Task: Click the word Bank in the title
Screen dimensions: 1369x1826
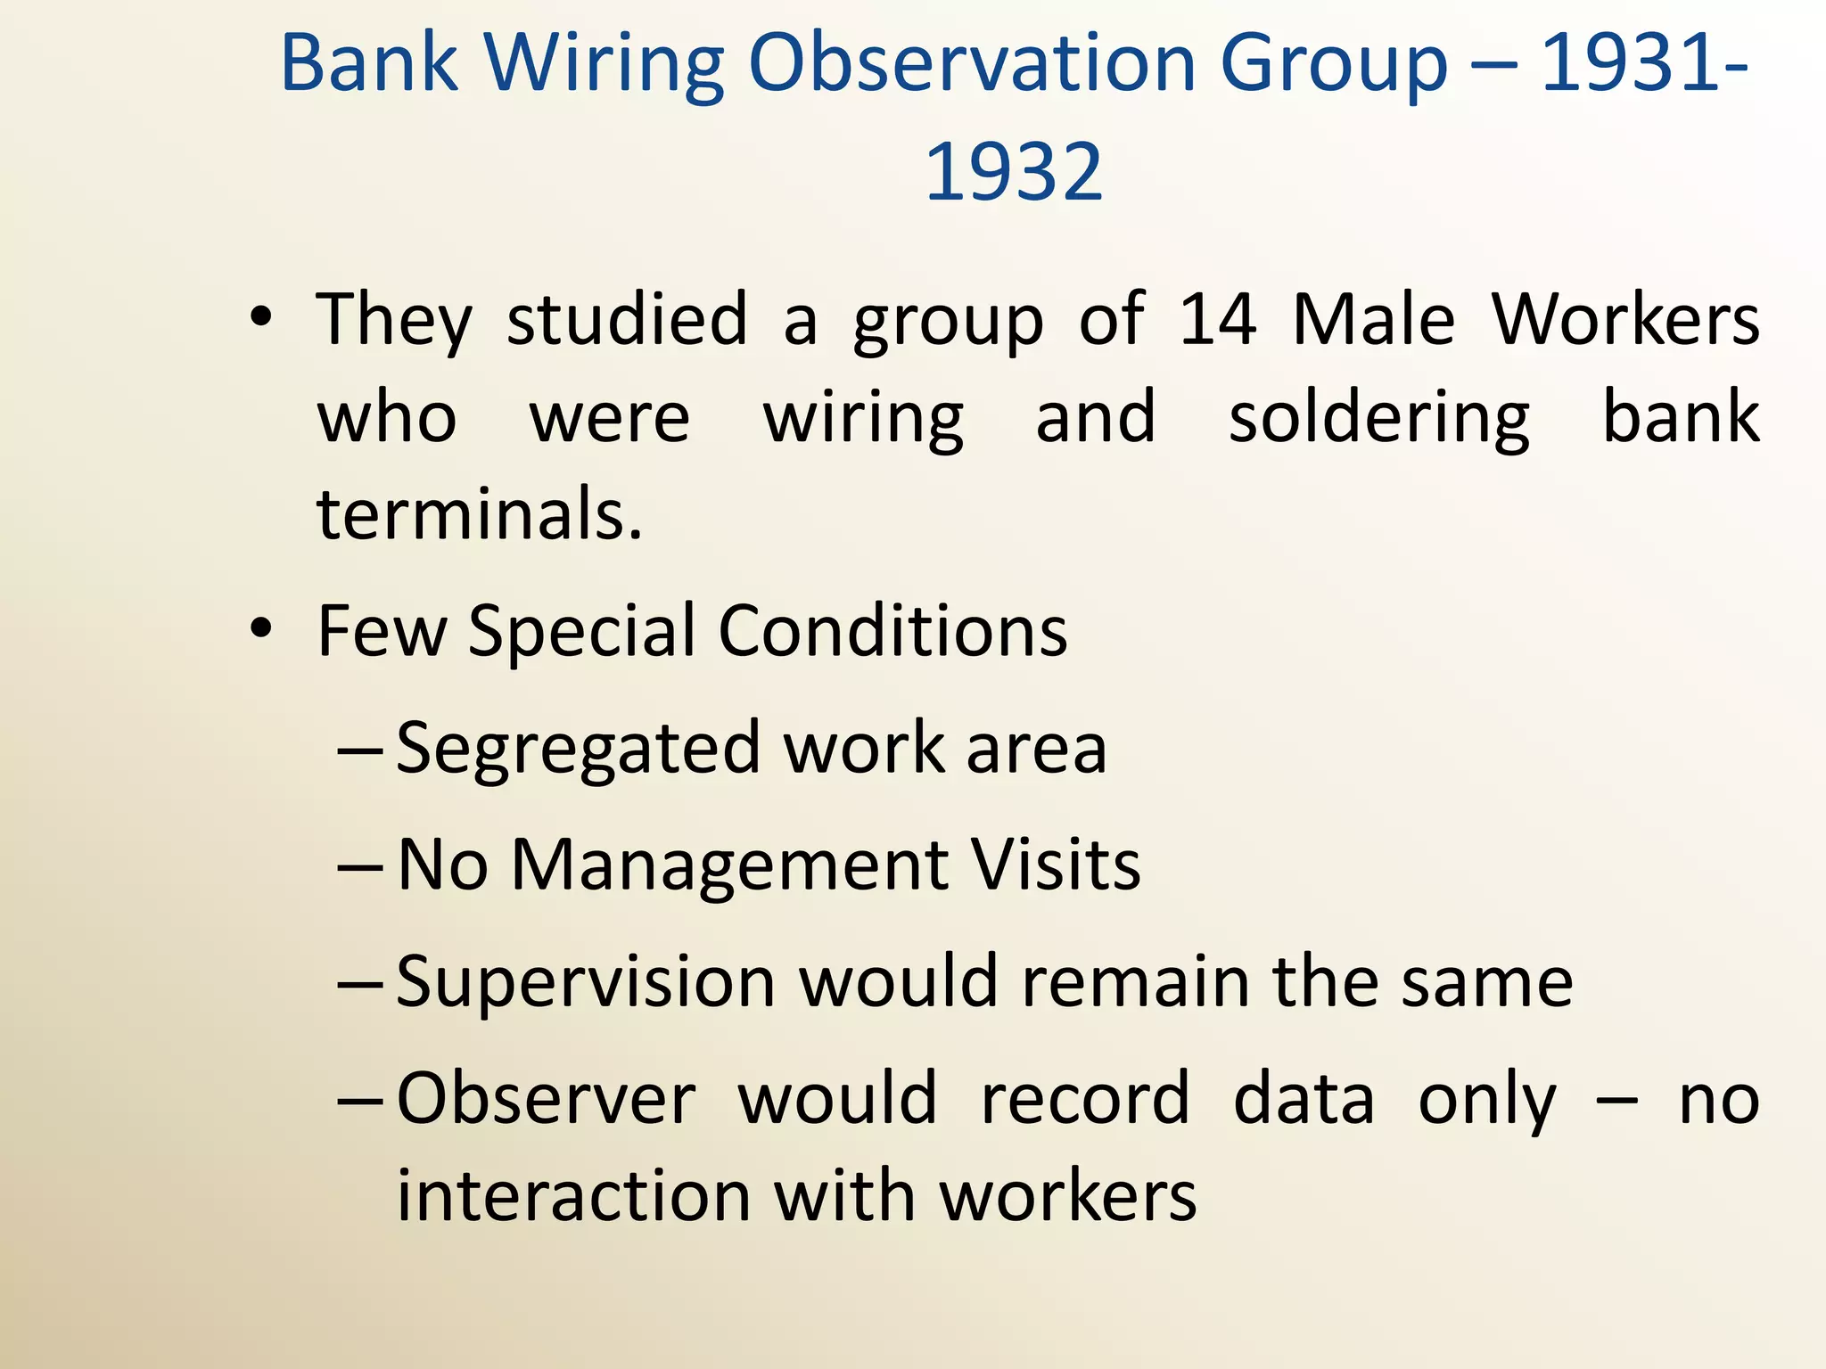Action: coord(369,64)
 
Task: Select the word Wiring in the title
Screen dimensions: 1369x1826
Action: coord(604,64)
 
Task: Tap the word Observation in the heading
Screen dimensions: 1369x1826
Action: coord(972,64)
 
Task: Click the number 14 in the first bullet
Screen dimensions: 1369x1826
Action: coord(1217,319)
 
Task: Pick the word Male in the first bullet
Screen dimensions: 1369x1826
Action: coord(1374,319)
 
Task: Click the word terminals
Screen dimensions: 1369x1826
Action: coord(479,515)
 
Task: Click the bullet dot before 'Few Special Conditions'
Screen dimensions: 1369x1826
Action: coord(260,628)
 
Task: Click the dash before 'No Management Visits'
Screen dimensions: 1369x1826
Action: coord(360,866)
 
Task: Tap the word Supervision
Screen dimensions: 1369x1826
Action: coord(585,981)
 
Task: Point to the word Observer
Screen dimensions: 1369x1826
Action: coord(546,1098)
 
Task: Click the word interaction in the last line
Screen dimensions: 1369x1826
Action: coord(573,1196)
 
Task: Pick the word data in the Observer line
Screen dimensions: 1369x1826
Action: coord(1304,1098)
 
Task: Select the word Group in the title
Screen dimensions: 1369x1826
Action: coord(1334,64)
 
